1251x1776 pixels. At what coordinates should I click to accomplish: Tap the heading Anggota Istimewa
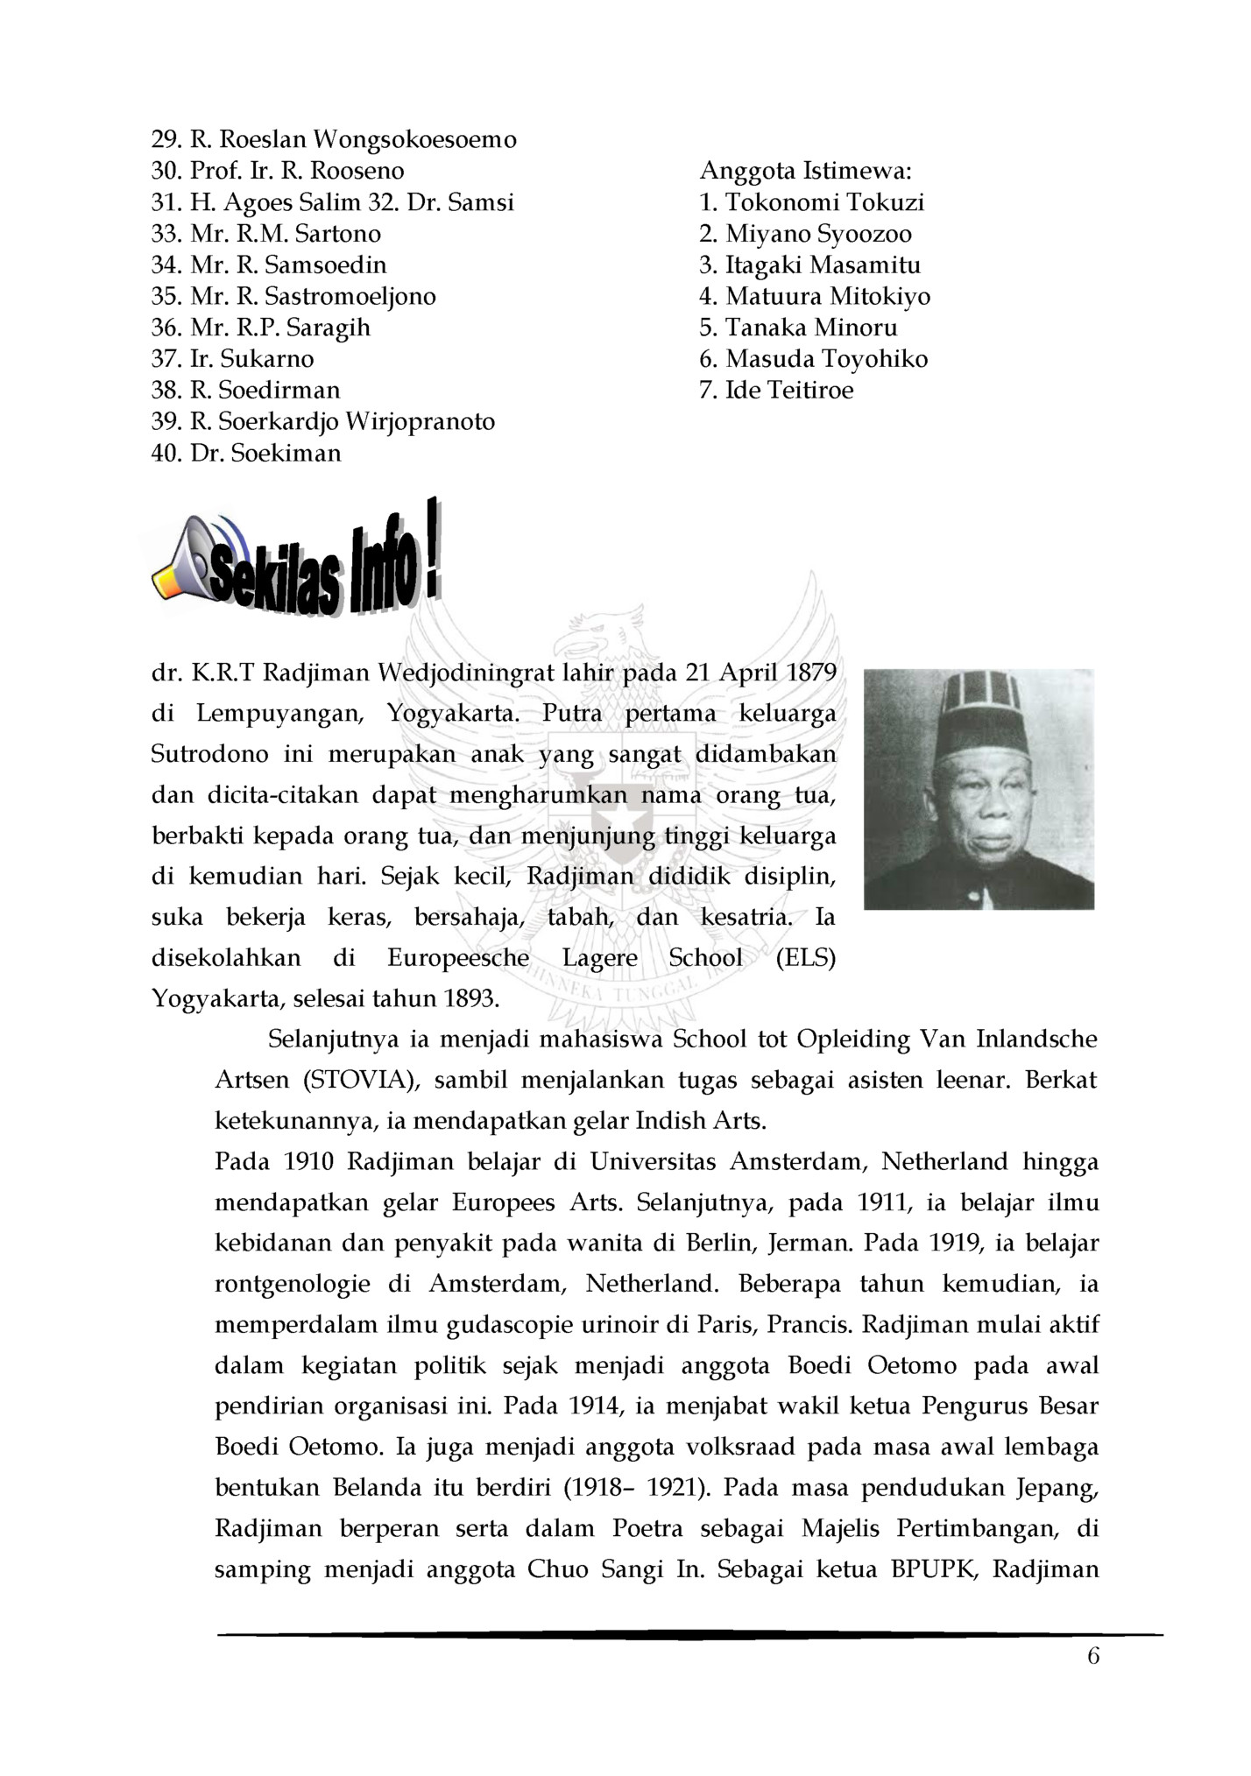tap(806, 171)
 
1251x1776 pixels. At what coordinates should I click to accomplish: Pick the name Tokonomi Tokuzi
tap(824, 202)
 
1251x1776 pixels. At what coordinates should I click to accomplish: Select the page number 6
tap(1092, 1656)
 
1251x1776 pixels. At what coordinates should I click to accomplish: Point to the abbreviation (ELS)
tap(805, 958)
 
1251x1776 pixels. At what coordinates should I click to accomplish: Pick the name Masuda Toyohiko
tap(826, 359)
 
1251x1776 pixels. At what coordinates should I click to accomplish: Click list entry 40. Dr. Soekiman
tap(246, 453)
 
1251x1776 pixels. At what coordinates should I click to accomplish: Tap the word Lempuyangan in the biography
tap(279, 714)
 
